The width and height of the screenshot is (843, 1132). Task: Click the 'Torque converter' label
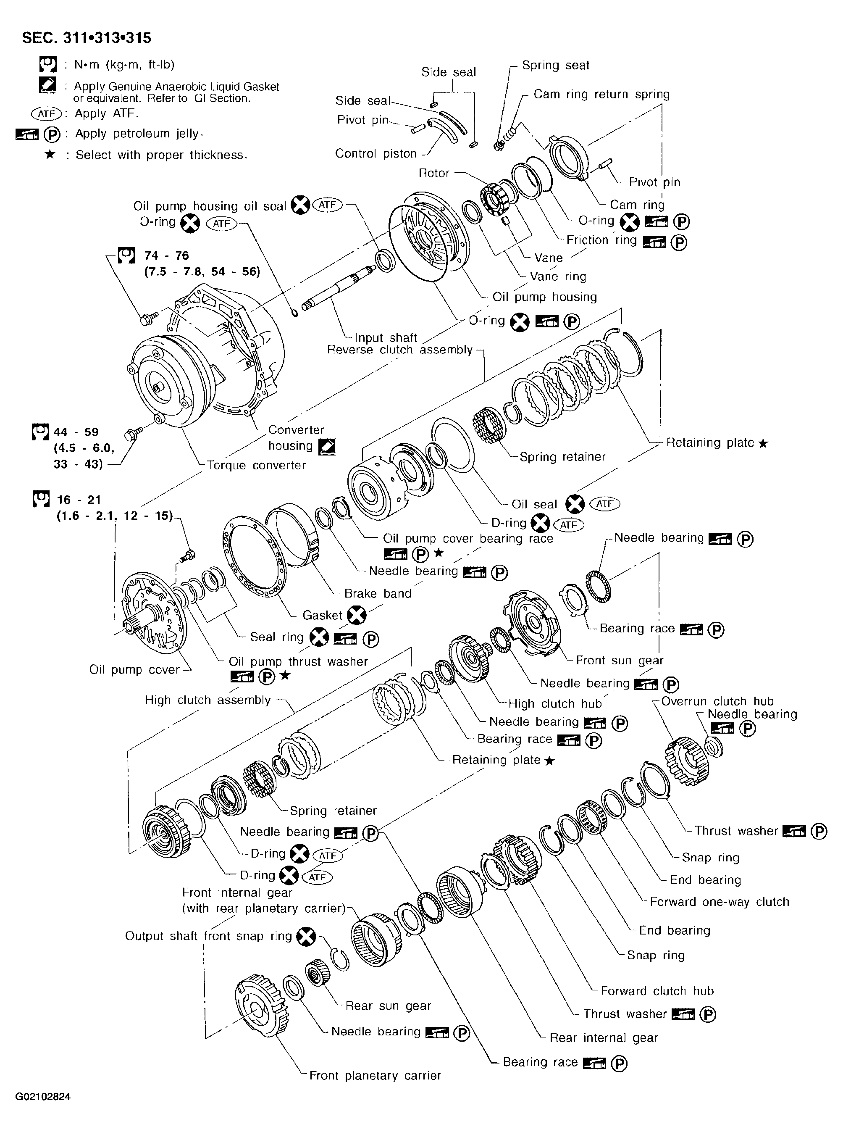click(x=256, y=466)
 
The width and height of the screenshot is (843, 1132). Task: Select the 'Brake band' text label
click(x=378, y=594)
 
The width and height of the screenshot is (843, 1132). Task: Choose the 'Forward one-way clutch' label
click(x=720, y=902)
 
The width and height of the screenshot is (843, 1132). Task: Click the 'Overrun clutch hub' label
click(x=717, y=701)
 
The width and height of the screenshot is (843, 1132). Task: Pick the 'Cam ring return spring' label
click(x=601, y=95)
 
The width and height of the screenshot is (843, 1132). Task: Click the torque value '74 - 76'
click(x=166, y=256)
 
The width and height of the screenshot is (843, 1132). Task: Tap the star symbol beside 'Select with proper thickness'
click(x=50, y=154)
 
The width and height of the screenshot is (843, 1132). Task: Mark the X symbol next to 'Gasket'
click(x=356, y=615)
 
